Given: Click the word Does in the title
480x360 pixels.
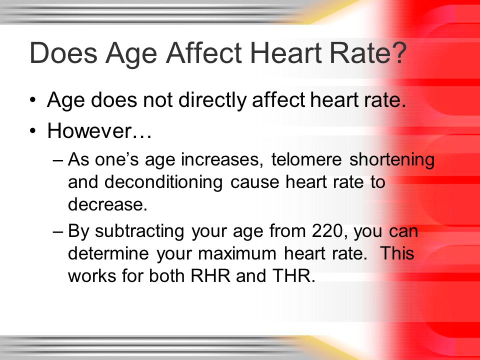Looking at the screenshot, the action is (63, 52).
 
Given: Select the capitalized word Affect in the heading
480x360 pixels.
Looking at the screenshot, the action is (204, 52).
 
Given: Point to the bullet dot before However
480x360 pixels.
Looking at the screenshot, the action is (33, 131).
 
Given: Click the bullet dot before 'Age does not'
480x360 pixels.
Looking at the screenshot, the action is (33, 100).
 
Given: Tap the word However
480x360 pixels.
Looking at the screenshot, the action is (89, 130).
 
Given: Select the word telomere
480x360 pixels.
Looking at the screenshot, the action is (306, 159).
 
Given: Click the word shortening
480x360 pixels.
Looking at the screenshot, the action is (392, 160).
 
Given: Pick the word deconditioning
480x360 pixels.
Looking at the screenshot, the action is (163, 182).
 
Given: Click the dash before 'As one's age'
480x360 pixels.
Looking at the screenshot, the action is (58, 160).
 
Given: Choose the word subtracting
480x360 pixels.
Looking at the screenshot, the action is (139, 231).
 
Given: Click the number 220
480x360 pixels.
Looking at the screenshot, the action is (327, 231).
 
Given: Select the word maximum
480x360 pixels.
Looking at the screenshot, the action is (237, 253).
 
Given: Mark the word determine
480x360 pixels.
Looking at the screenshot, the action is (108, 253).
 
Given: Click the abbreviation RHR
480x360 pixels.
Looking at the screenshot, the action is (210, 275).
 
